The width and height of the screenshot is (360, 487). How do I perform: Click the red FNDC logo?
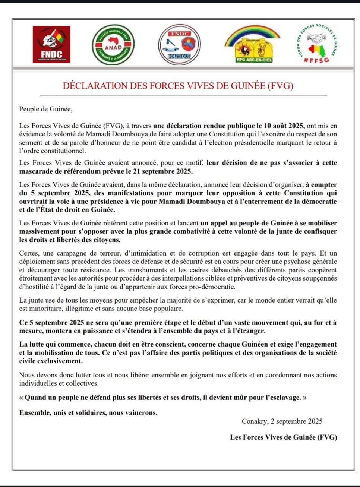coord(51,44)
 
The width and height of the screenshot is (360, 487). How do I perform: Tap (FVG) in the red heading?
coord(281,86)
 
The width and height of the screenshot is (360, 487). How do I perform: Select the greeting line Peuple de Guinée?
coord(45,109)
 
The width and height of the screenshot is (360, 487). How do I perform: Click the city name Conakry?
coord(255,421)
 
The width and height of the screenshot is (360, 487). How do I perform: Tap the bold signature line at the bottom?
coord(283,437)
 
